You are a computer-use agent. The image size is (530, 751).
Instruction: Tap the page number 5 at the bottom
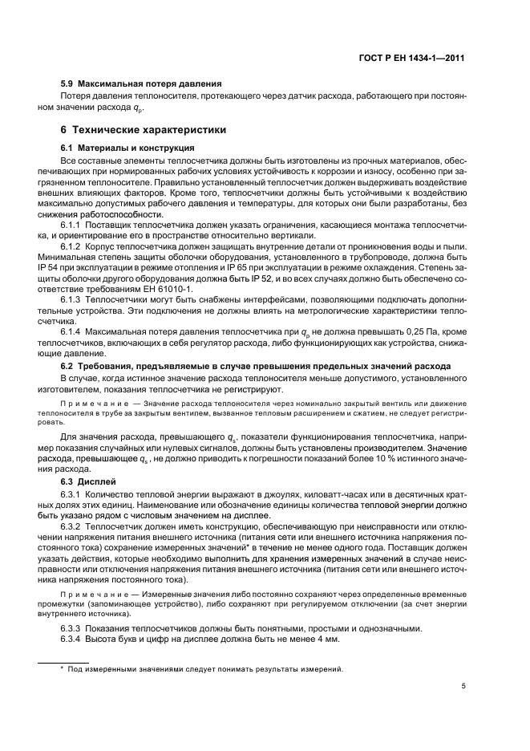tap(464, 686)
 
